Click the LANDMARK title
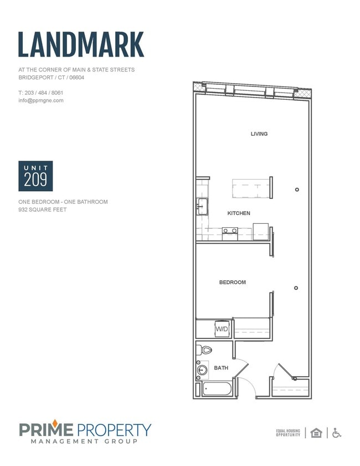(81, 44)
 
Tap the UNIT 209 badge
(35, 176)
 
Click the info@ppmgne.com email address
(41, 100)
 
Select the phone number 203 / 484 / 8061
(44, 93)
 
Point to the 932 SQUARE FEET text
(43, 209)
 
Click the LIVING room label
(259, 134)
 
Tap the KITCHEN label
(239, 213)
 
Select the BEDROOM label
(233, 283)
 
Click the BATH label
(222, 368)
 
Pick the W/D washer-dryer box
(222, 329)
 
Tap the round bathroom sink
(202, 370)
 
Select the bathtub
(217, 389)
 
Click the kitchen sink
(202, 206)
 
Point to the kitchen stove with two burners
(230, 234)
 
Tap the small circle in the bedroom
(296, 288)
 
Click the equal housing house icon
(316, 433)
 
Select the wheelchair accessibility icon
(337, 433)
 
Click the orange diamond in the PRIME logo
(55, 423)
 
